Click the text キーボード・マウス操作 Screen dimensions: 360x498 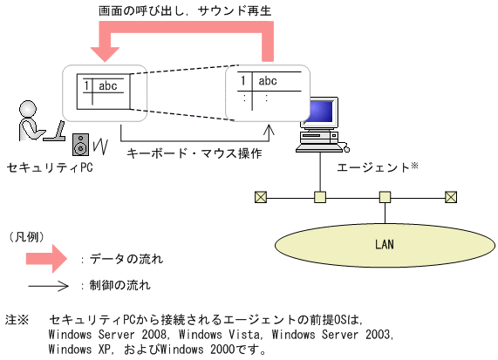[194, 153]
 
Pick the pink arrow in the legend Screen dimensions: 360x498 [44, 259]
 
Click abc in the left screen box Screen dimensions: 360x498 [108, 85]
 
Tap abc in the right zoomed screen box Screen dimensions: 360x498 [268, 82]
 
